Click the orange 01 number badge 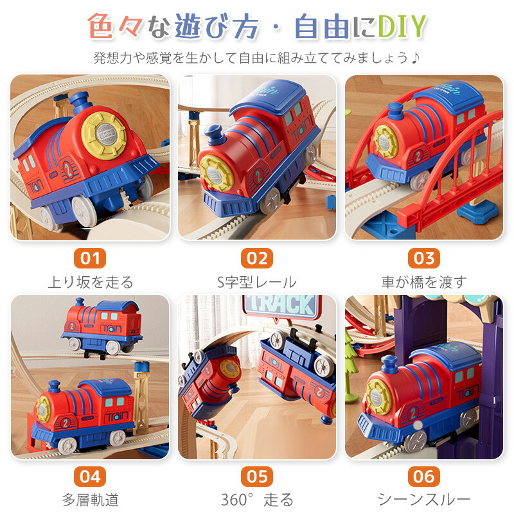90,258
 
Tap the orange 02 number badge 257,258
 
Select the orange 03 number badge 424,258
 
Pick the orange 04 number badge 90,477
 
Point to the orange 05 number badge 257,477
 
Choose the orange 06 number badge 424,477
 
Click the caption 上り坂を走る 91,283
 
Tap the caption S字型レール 257,283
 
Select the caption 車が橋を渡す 424,283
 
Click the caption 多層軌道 91,500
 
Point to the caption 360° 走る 258,500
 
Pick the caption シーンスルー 424,500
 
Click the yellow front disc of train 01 104,134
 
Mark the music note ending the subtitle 415,58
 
